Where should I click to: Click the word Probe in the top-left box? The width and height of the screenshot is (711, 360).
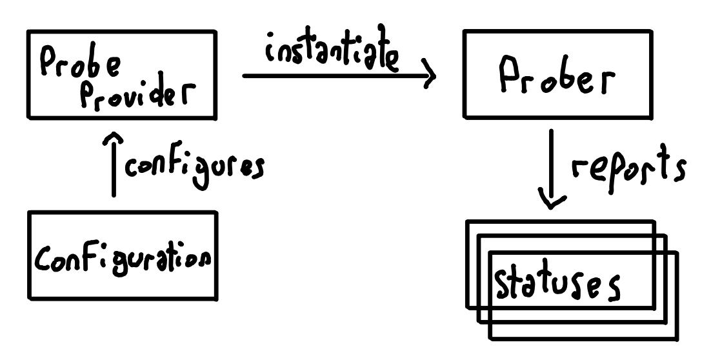click(81, 63)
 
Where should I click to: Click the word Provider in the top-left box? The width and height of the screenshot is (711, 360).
click(138, 95)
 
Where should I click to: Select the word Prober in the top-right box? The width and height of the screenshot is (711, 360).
click(557, 75)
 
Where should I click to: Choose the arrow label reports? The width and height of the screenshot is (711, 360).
click(629, 165)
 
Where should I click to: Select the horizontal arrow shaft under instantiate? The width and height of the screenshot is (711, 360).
click(338, 75)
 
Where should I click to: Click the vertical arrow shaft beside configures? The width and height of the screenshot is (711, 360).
click(114, 165)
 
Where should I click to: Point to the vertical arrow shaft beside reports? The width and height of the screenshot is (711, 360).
click(552, 168)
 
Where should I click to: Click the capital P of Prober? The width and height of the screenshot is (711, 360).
click(509, 74)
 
